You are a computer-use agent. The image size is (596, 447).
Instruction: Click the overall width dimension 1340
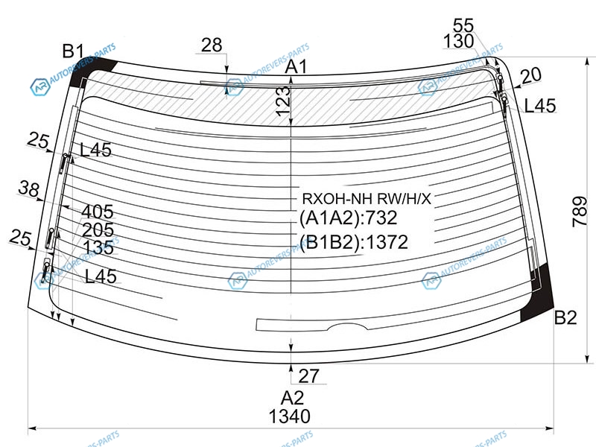pyautogui.click(x=290, y=416)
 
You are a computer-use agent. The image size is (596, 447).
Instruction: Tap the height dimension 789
pyautogui.click(x=580, y=212)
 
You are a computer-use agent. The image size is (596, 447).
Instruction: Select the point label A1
pyautogui.click(x=296, y=67)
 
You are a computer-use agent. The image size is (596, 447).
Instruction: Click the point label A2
pyautogui.click(x=292, y=398)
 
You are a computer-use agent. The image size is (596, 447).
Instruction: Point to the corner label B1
pyautogui.click(x=73, y=51)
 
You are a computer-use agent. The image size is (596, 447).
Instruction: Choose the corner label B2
pyautogui.click(x=565, y=317)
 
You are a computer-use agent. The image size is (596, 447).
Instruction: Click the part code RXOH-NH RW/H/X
pyautogui.click(x=367, y=198)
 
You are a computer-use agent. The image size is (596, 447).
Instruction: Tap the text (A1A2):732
pyautogui.click(x=348, y=218)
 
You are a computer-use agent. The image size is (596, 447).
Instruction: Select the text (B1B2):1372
pyautogui.click(x=354, y=242)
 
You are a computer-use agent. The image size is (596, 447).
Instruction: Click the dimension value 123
pyautogui.click(x=282, y=101)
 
